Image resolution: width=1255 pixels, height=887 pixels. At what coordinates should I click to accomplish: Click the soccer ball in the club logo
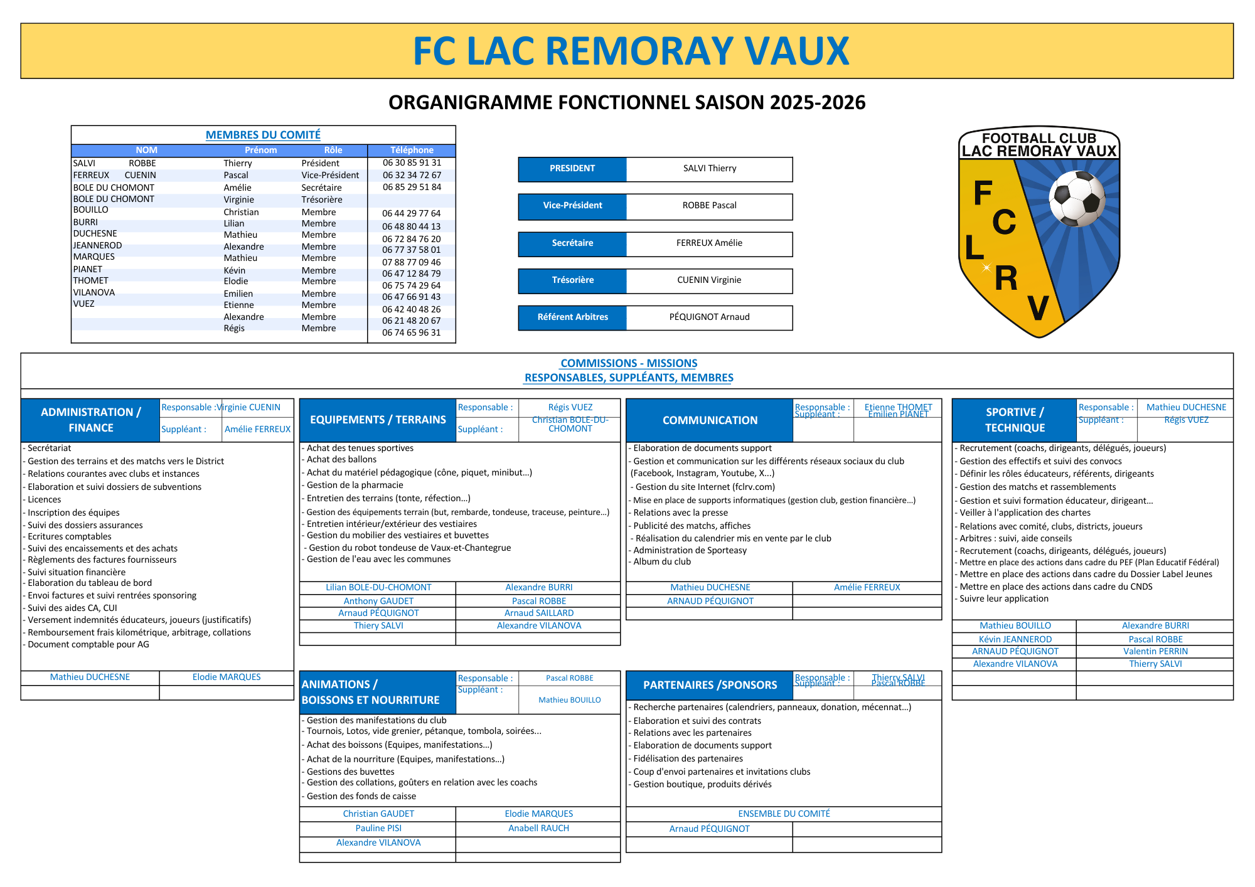[x=1077, y=199]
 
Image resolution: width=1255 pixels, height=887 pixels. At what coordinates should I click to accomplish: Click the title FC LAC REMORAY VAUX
[x=631, y=51]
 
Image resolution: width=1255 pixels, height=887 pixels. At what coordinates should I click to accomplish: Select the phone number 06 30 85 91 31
[x=412, y=162]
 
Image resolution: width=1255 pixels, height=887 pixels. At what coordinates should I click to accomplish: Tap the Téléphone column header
[x=412, y=150]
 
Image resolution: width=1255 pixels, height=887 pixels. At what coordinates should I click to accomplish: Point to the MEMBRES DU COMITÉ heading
[x=263, y=135]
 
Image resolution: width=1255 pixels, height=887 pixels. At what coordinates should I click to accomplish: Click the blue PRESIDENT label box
[x=572, y=169]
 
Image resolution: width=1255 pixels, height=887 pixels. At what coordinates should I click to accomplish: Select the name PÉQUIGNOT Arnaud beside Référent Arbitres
[x=709, y=317]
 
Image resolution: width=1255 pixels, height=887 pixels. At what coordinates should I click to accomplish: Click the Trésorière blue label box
[x=572, y=280]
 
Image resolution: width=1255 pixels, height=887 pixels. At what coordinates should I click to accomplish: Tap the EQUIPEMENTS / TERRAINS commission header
[x=378, y=420]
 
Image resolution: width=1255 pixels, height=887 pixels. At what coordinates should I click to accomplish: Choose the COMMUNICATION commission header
[x=710, y=420]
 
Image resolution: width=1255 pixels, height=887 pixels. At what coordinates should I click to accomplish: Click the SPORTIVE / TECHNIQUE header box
[x=1014, y=420]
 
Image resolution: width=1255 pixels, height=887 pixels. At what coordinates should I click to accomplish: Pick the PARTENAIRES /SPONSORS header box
[x=710, y=685]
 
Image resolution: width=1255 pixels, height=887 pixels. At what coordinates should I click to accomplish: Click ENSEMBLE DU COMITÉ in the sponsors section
[x=784, y=814]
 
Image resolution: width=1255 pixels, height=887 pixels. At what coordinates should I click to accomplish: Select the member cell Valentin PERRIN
[x=1155, y=651]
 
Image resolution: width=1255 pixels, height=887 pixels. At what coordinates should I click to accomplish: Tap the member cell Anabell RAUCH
[x=538, y=828]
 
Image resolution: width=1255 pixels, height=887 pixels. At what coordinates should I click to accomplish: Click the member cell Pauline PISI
[x=378, y=828]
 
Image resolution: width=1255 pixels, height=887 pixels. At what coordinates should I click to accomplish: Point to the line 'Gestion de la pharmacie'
[x=355, y=485]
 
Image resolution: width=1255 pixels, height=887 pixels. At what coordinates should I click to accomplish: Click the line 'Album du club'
[x=662, y=561]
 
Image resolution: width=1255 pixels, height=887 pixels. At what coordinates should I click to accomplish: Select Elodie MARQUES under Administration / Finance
[x=227, y=677]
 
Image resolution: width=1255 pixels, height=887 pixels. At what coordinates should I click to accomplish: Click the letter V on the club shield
[x=1038, y=308]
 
